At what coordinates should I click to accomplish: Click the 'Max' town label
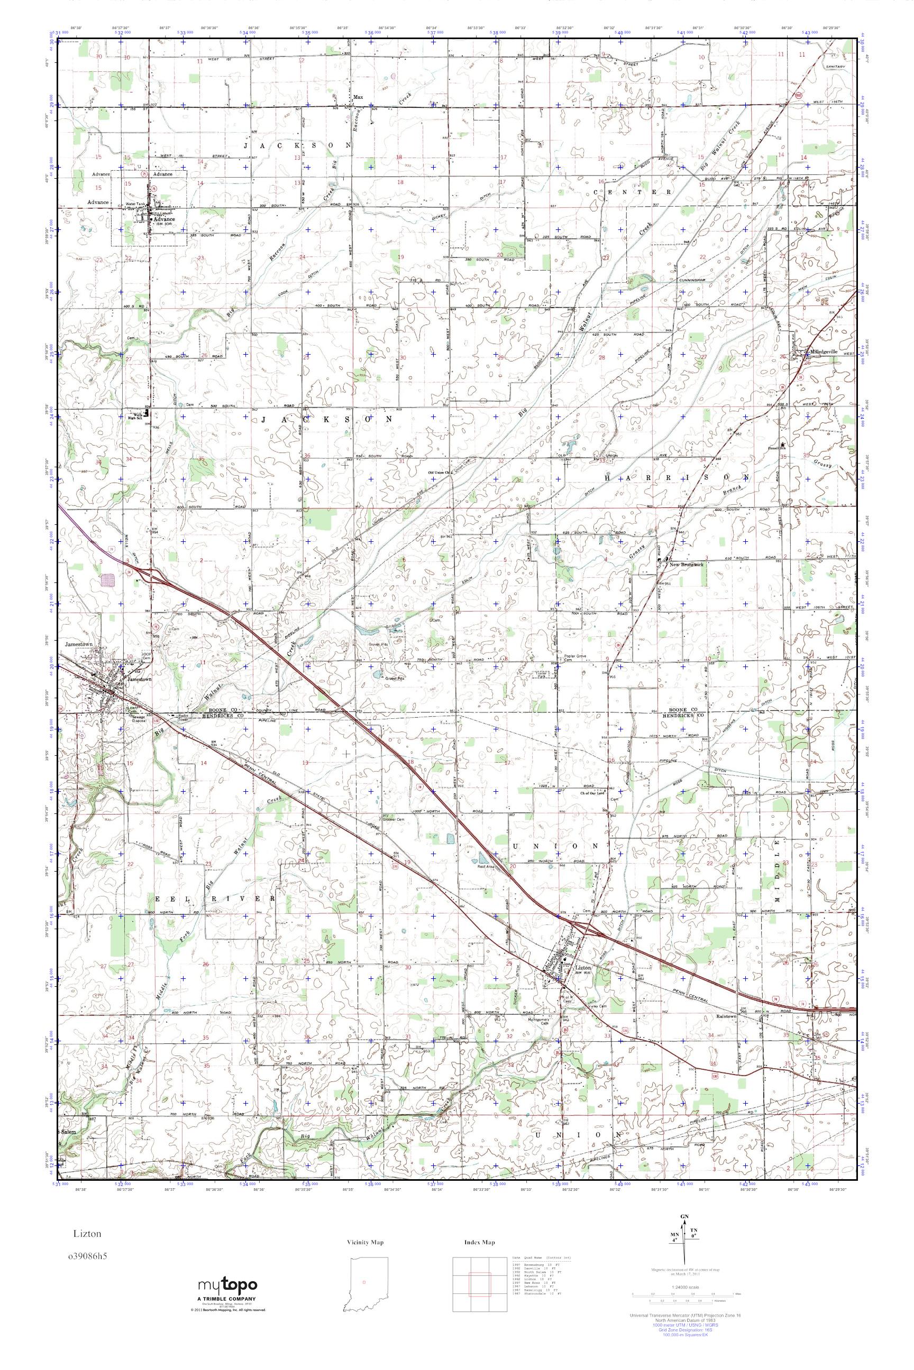pos(359,97)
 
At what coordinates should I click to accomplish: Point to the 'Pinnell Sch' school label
pos(777,449)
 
